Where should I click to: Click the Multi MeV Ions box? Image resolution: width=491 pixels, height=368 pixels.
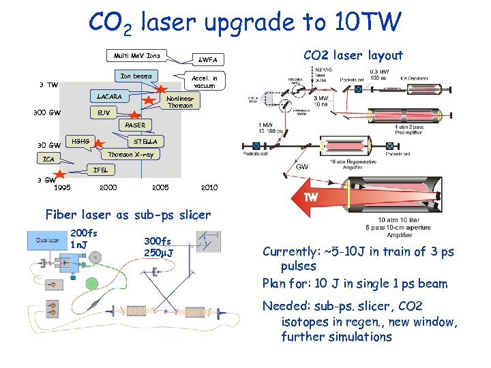137,55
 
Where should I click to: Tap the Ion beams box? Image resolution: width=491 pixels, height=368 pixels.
136,76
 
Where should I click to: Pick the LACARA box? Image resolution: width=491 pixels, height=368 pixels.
109,97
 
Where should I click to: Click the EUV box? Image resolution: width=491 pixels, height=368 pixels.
104,112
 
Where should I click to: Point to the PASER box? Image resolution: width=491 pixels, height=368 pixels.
134,125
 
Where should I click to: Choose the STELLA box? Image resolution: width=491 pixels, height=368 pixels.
145,142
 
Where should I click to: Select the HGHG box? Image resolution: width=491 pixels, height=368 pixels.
80,142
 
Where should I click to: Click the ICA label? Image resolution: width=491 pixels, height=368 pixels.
48,159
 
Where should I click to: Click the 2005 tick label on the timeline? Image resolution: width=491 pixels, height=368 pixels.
158,187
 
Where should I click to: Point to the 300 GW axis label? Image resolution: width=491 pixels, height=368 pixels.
47,112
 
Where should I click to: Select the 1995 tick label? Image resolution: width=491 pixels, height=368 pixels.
62,187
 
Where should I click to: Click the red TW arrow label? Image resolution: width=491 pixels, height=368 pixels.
310,197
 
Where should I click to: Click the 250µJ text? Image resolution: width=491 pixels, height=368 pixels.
158,253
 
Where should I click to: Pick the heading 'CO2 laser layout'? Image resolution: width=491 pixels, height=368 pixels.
353,56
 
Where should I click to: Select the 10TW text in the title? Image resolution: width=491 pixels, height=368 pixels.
366,22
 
